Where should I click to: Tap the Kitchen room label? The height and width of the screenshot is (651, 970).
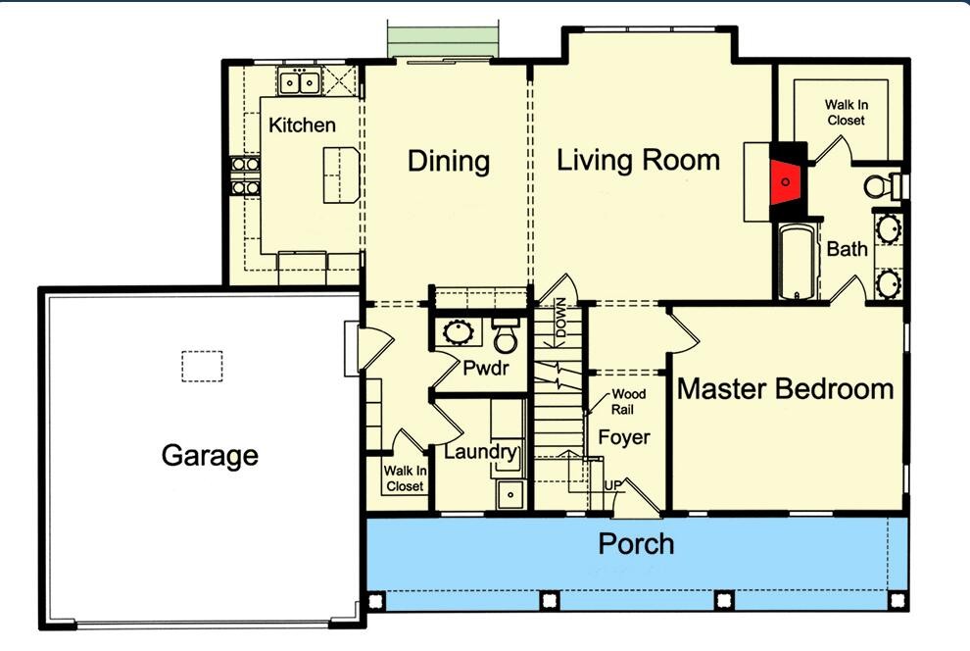pos(302,125)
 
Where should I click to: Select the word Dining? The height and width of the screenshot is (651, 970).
pos(449,161)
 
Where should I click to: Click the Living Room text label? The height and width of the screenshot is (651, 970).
pos(638,160)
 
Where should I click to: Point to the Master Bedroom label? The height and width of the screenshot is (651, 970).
pos(785,388)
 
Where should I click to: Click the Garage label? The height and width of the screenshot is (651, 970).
pos(210,455)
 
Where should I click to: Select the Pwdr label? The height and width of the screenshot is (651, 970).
pos(483,372)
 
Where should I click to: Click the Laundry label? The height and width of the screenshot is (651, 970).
pos(480,452)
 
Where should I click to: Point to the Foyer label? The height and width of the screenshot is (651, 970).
pos(624,437)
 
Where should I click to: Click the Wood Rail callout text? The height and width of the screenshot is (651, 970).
pos(627,401)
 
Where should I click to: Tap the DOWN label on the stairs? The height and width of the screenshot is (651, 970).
pos(561,318)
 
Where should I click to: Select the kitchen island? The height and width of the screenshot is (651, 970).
pos(340,174)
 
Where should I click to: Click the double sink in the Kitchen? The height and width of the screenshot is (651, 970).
pos(300,82)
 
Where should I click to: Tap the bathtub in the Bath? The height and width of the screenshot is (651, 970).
pos(795,263)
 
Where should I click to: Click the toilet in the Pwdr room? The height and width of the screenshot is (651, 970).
pos(506,336)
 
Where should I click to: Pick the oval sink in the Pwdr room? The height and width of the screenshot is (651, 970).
pos(458,331)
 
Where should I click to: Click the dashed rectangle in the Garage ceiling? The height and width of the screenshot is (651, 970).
pos(202,366)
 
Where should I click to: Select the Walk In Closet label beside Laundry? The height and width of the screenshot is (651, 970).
pos(405,478)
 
